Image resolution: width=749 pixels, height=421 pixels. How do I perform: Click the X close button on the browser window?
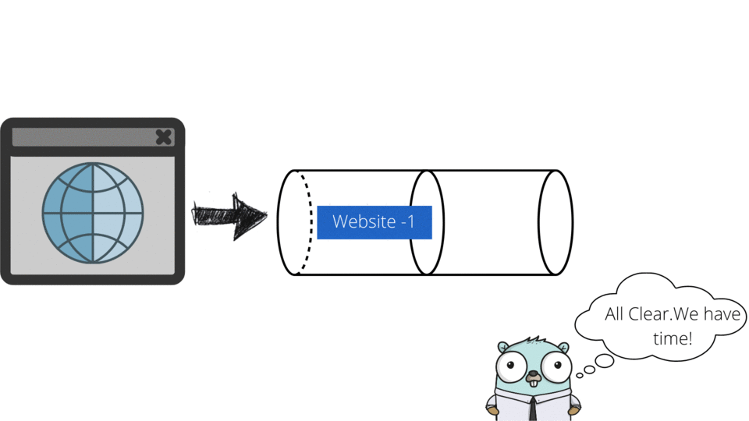tap(163, 137)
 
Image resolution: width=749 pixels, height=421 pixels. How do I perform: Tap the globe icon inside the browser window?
tap(93, 213)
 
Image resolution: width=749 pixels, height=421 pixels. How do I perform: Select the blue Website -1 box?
tap(374, 222)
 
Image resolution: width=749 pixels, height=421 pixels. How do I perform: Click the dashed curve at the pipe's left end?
tap(306, 222)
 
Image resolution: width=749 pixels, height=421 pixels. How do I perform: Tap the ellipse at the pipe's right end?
tap(556, 222)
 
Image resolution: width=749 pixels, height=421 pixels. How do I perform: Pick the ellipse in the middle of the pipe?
tap(427, 222)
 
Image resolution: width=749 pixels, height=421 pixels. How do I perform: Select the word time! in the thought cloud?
tap(672, 339)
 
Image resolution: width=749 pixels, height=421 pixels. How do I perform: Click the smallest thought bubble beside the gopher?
tap(580, 376)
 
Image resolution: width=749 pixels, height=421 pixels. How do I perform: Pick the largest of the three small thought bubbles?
tap(604, 361)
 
